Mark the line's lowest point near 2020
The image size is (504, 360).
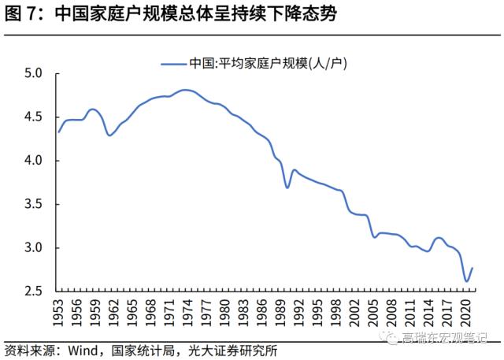[466, 281]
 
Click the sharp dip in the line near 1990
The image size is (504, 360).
[287, 187]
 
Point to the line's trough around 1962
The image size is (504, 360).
[110, 135]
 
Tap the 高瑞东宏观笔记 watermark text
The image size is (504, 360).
[445, 339]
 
